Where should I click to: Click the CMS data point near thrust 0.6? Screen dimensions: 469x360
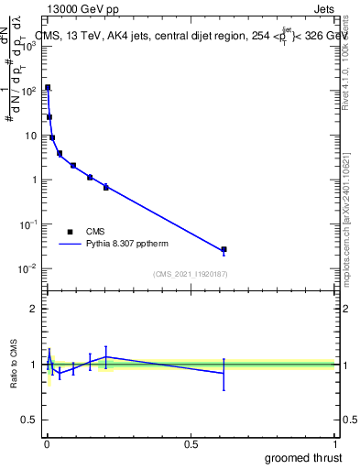coord(224,249)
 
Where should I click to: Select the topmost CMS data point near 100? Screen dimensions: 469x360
coord(48,88)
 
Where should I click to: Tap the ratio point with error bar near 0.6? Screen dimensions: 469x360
coord(224,373)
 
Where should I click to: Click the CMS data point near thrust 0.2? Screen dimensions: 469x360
coord(106,187)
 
